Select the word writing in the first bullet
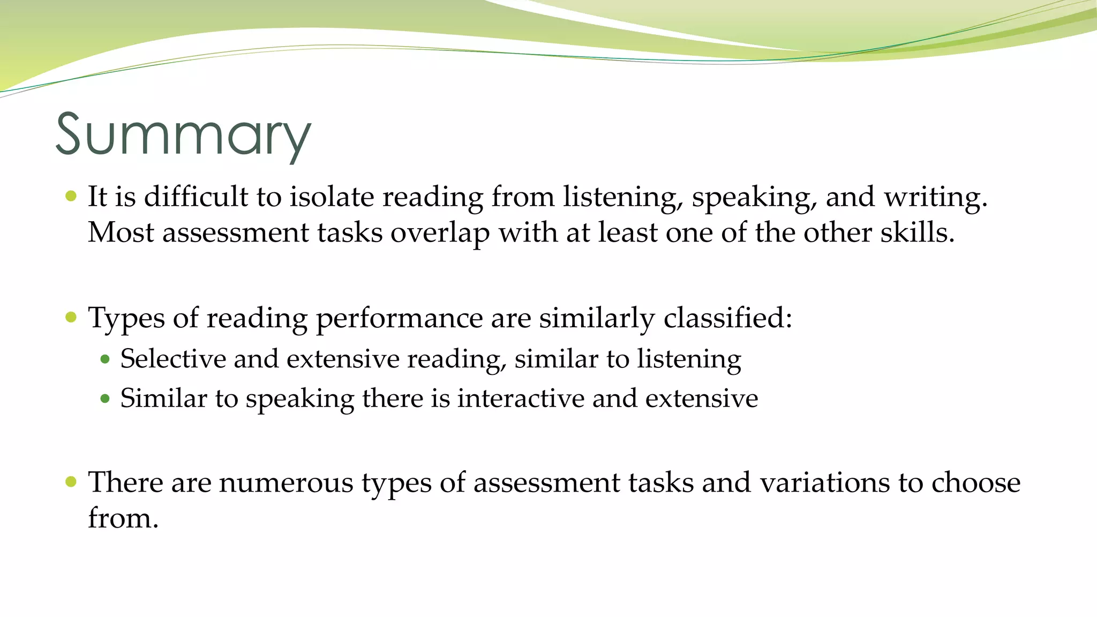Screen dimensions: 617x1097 coord(934,197)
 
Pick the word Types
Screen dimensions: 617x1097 coord(126,318)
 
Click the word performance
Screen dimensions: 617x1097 coord(399,318)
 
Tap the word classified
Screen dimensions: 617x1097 coord(727,318)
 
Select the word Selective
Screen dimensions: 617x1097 coord(173,358)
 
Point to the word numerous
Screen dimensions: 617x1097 coord(286,482)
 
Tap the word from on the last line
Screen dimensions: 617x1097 coord(123,518)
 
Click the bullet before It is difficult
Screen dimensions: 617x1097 coord(71,196)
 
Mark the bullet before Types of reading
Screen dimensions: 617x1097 coord(71,318)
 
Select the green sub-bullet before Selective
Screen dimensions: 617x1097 coord(105,359)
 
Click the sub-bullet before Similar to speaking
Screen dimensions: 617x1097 coord(105,399)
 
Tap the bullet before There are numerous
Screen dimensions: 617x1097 coord(71,481)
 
